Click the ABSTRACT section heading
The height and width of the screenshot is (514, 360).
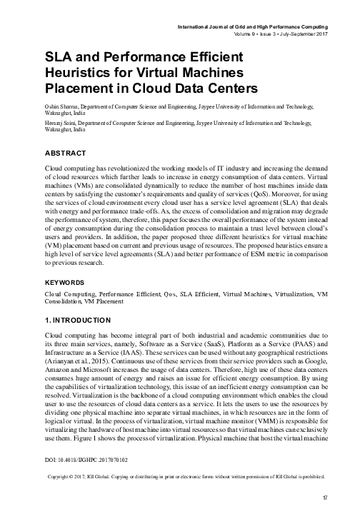click(x=65, y=153)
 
